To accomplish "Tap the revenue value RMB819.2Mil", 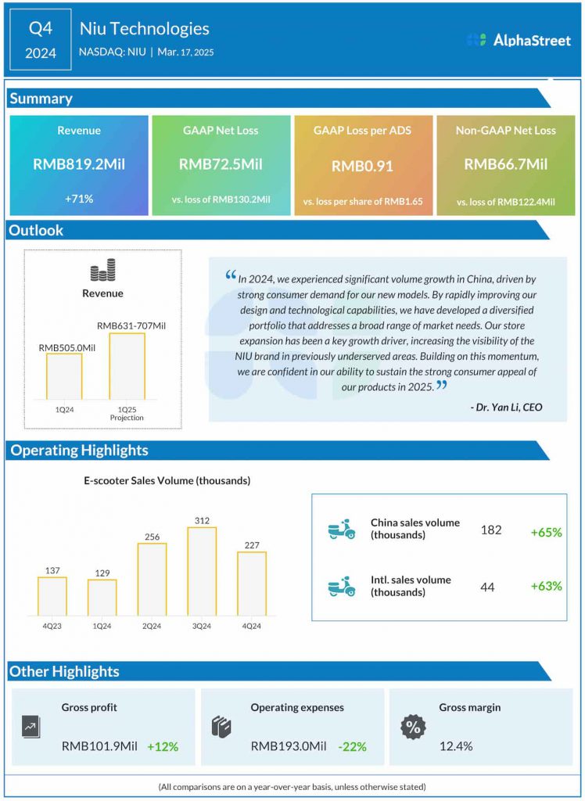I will (x=79, y=164).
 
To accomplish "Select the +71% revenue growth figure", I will (x=79, y=199).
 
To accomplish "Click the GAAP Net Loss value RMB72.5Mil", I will (x=221, y=164).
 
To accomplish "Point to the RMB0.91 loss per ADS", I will (x=363, y=166).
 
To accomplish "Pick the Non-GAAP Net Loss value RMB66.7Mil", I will (x=505, y=164).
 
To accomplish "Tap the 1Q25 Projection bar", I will (x=127, y=365).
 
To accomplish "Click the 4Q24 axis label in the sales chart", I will (x=251, y=625).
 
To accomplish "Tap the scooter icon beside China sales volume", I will (x=341, y=530).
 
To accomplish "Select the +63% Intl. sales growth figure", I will (x=546, y=586).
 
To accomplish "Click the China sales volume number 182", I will (x=491, y=530).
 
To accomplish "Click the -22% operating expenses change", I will (x=352, y=746).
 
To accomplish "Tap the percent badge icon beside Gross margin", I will (x=413, y=727).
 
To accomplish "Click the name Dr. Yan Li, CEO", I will (x=506, y=407).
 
